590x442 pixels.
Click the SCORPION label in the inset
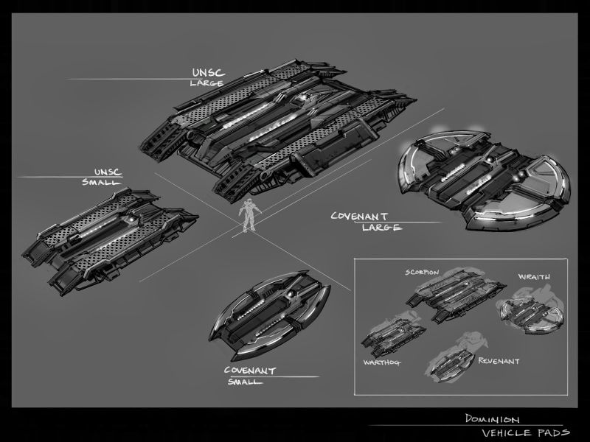tap(422, 273)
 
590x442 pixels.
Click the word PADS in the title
tap(549, 432)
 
